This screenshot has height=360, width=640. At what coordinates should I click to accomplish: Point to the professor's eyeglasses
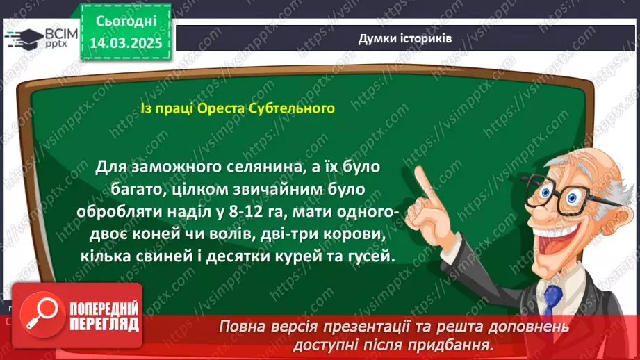click(x=556, y=190)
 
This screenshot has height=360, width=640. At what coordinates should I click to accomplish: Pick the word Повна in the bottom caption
click(x=240, y=326)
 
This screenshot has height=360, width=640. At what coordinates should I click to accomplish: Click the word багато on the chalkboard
click(x=123, y=190)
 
